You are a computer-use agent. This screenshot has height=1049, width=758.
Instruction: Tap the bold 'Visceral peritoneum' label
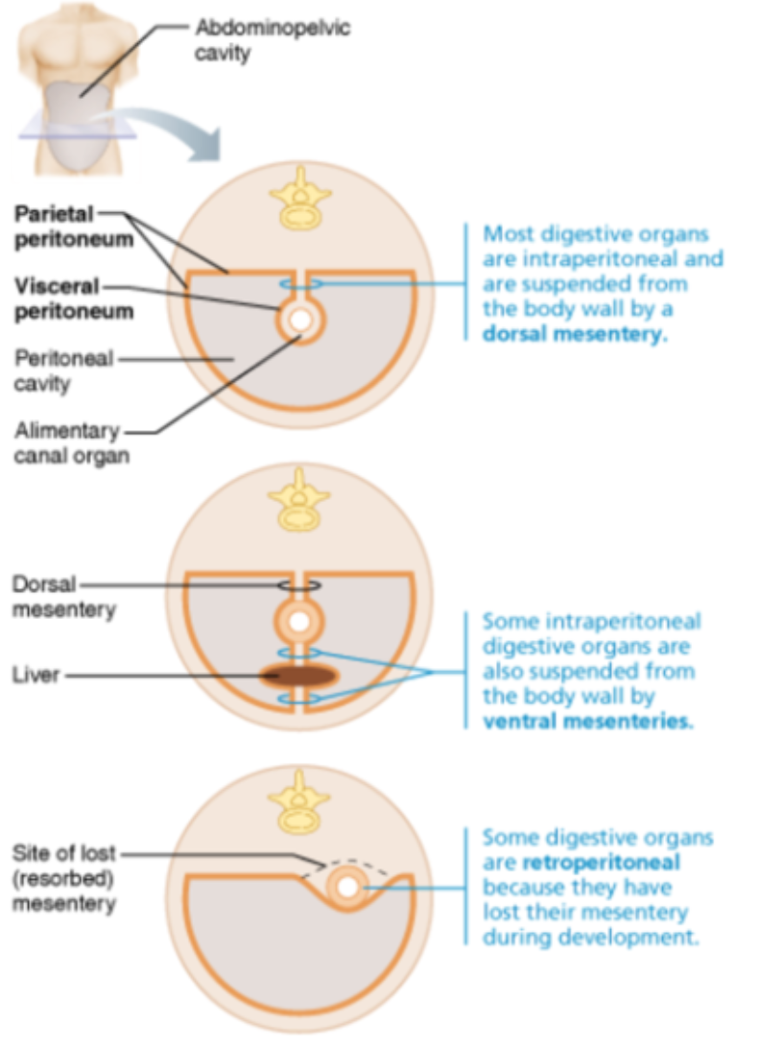click(x=73, y=298)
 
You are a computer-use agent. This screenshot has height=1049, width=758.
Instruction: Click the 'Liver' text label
click(x=36, y=676)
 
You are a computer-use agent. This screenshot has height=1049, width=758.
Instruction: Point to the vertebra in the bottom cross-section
click(x=300, y=804)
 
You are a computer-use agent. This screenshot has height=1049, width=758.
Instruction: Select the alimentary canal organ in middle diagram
click(x=300, y=622)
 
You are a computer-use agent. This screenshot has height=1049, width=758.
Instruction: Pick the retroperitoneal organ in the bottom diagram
click(x=347, y=888)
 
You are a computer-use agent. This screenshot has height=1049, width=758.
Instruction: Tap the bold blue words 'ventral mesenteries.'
click(x=586, y=721)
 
